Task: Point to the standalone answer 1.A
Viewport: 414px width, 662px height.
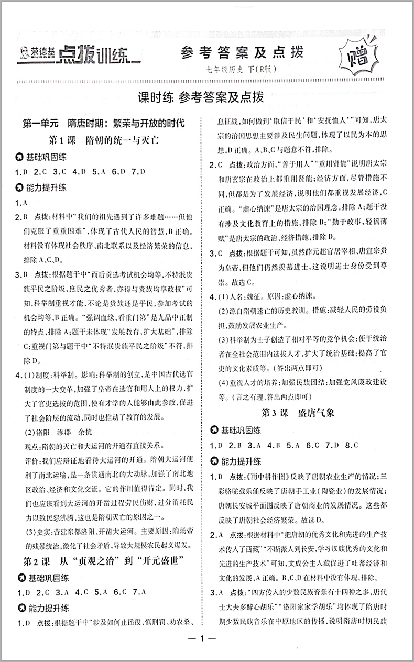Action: [x=21, y=203]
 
